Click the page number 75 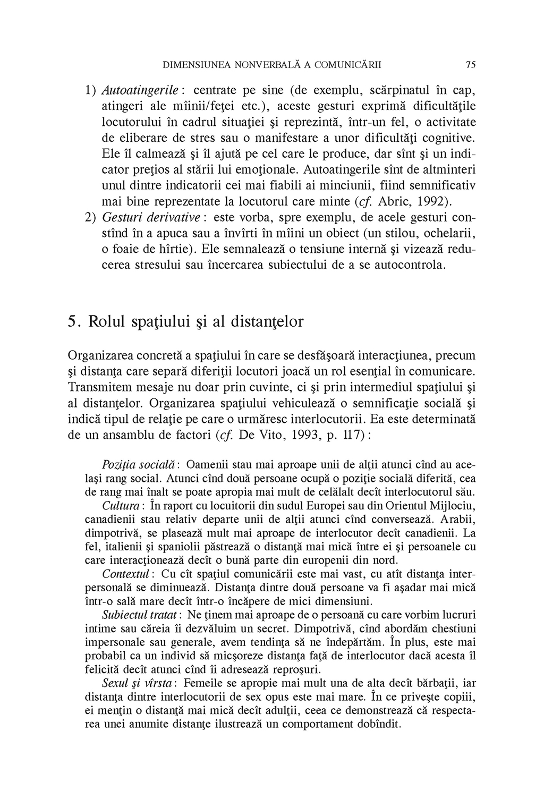(470, 65)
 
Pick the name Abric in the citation (394, 202)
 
